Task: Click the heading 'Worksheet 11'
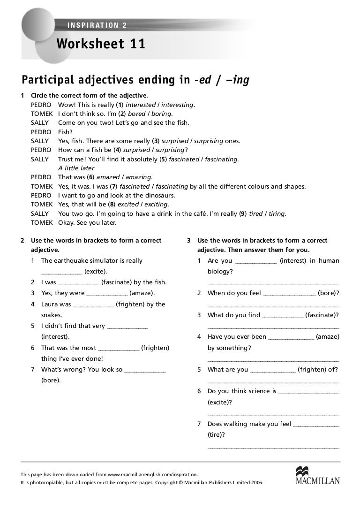tap(101, 44)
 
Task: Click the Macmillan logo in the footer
tap(317, 475)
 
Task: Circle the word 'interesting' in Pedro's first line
tap(178, 105)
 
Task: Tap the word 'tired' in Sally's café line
tap(256, 213)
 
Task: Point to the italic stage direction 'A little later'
tap(76, 168)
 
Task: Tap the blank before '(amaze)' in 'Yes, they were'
tap(107, 294)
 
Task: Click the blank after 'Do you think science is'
tap(308, 392)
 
